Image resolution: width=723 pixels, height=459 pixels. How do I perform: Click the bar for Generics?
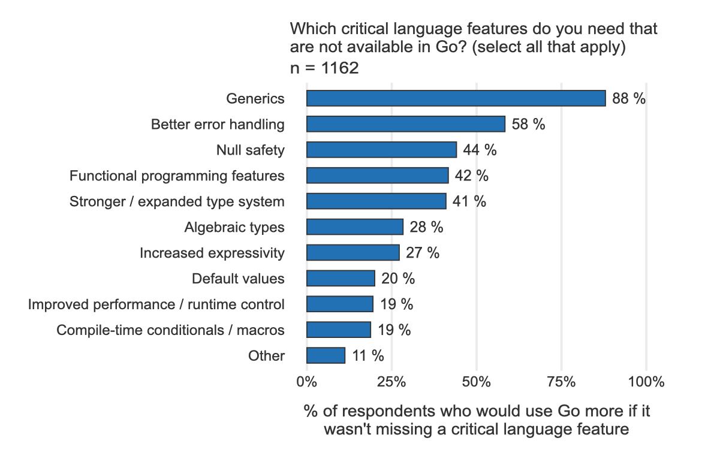point(456,98)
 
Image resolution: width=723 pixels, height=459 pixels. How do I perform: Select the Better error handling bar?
point(405,124)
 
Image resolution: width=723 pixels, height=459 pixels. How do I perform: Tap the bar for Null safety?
point(381,150)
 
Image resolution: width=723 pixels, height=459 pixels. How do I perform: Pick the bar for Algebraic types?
point(354,227)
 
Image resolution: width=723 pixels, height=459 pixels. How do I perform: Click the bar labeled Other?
point(326,355)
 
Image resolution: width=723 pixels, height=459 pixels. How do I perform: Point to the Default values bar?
point(341,279)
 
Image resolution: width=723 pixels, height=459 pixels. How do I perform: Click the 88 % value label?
point(629,99)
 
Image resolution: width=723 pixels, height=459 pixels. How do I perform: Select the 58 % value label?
point(528,125)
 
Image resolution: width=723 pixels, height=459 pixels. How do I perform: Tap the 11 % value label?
point(367,356)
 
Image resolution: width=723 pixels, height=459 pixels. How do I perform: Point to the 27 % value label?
point(422,253)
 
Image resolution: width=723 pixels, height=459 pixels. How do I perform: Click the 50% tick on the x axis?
point(477,382)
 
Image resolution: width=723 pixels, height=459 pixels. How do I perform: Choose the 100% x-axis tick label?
point(646,382)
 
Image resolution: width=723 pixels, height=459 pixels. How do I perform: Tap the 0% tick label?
point(307,382)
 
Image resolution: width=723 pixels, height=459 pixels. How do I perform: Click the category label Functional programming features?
point(177,176)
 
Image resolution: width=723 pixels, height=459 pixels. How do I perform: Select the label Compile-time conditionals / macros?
point(170,330)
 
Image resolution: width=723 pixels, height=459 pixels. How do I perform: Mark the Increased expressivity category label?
point(212,253)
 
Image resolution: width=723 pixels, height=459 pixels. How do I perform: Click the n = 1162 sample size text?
point(324,68)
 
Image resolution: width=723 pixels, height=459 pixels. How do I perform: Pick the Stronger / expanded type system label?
point(177,201)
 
